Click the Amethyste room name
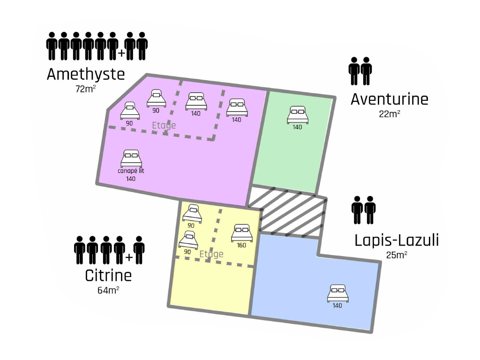pos(86,75)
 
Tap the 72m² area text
pos(86,89)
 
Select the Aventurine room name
pos(390,99)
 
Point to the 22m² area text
pos(390,114)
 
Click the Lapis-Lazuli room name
pos(397,240)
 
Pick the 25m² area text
pos(397,255)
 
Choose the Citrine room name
pos(108,276)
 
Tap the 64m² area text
pos(108,290)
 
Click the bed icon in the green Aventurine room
pos(298,115)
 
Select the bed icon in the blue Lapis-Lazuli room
pos(337,293)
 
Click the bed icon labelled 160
pos(242,233)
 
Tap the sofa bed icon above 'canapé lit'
pos(131,158)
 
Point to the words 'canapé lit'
pos(131,171)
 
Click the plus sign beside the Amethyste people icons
pos(121,53)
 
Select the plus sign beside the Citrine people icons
pos(129,257)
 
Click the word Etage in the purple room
pos(164,126)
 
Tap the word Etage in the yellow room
pos(211,254)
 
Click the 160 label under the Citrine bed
pos(241,245)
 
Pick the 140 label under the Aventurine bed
pos(297,127)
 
